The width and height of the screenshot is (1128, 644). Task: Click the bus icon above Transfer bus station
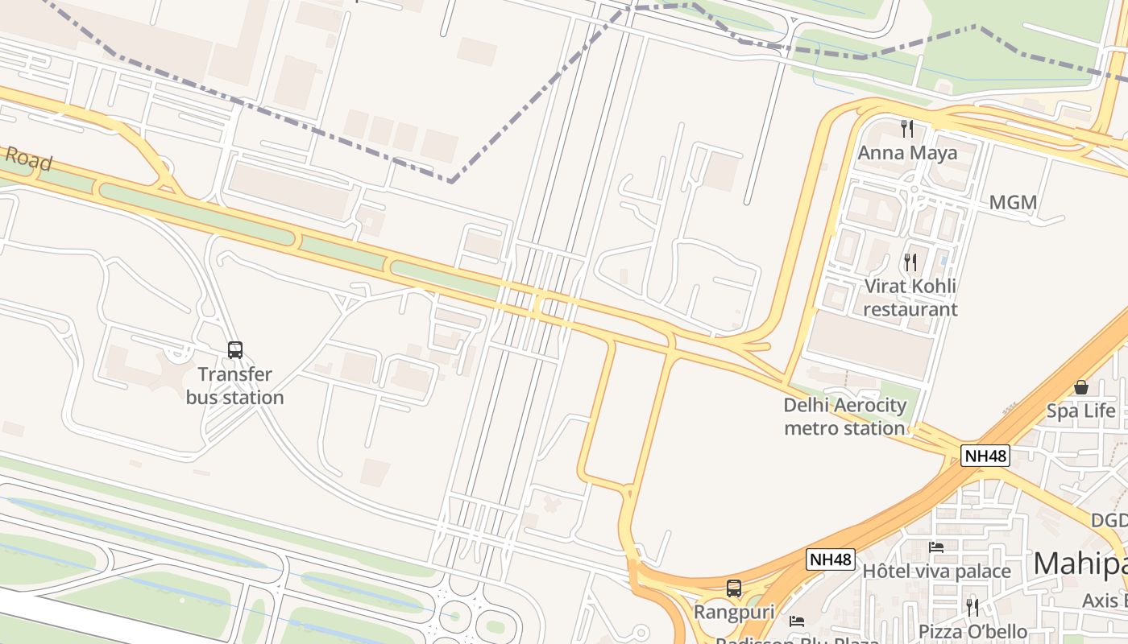pos(235,350)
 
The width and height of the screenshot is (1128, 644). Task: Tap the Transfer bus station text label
pos(235,386)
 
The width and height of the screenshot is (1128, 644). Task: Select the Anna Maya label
pos(907,153)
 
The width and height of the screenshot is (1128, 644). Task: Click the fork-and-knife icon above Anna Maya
pos(907,128)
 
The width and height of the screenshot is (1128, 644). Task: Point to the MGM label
pos(1013,203)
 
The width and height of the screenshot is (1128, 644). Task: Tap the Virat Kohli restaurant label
pos(910,298)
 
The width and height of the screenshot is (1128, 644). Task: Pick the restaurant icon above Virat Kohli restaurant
pos(910,262)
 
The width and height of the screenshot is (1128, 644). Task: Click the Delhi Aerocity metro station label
pos(844,416)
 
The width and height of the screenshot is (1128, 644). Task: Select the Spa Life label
pos(1080,411)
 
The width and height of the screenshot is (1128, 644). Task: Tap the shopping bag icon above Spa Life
pos(1080,387)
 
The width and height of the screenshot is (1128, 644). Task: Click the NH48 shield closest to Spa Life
pos(985,456)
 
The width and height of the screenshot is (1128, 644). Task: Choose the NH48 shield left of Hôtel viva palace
pos(831,559)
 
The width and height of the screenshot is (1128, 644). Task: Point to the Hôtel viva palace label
pos(936,572)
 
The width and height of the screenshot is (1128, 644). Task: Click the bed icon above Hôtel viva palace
pos(936,547)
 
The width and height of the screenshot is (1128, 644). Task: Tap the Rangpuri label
pos(734,613)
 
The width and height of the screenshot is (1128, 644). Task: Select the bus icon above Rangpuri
pos(734,588)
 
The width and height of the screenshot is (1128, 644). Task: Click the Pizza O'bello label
pos(972,632)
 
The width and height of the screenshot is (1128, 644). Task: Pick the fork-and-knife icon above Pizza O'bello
pos(972,607)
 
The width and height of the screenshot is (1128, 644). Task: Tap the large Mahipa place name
pos(1080,563)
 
